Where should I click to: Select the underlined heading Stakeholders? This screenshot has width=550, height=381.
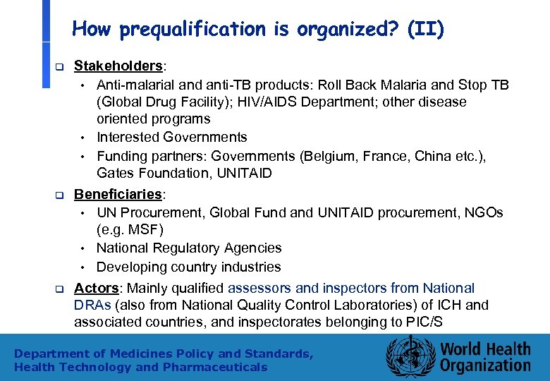pos(118,66)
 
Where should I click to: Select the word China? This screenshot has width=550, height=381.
pos(419,156)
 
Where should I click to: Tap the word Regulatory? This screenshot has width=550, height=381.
pos(193,248)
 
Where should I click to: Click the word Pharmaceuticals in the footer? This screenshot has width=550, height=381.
pos(215,367)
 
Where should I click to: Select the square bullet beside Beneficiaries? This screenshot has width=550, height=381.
pos(60,195)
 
